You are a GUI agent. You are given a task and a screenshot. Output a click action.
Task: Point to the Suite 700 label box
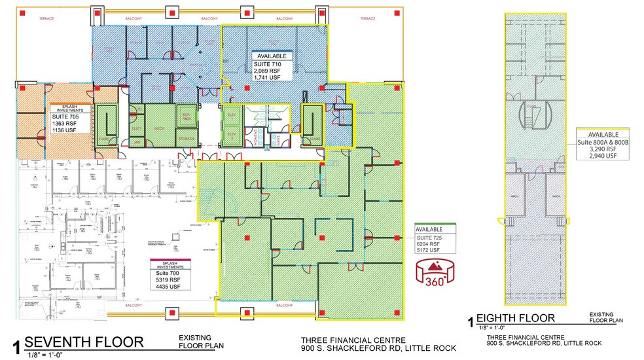(171, 274)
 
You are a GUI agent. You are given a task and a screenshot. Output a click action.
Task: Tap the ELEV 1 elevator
(230, 116)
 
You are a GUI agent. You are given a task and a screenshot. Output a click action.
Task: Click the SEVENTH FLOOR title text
(84, 342)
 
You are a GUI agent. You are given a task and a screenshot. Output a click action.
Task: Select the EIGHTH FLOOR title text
(516, 319)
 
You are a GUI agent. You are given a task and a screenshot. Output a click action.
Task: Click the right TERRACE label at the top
(367, 18)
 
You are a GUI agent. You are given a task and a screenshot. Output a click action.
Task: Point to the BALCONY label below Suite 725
(284, 306)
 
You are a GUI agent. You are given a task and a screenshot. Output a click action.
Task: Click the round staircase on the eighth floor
(533, 115)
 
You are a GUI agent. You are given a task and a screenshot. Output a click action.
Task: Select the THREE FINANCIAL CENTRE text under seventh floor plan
(353, 340)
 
